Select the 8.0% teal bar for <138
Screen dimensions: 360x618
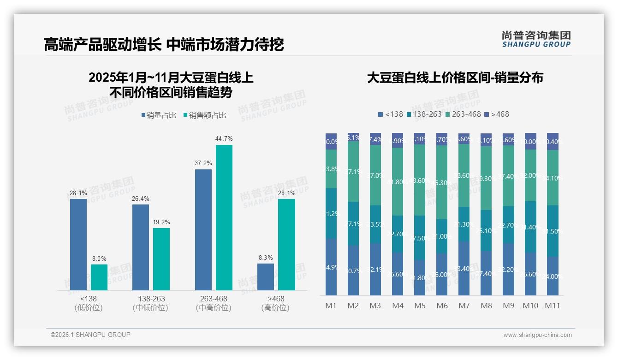pyautogui.click(x=99, y=277)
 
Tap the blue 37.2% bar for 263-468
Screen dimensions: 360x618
pyautogui.click(x=203, y=229)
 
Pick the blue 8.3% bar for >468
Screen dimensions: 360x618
pyautogui.click(x=266, y=277)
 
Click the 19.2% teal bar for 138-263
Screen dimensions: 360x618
pyautogui.click(x=161, y=258)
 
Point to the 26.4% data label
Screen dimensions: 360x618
pyautogui.click(x=141, y=199)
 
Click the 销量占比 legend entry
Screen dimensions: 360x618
pyautogui.click(x=159, y=115)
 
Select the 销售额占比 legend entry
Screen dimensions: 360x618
pyautogui.click(x=205, y=115)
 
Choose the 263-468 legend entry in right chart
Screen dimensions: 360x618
pyautogui.click(x=463, y=114)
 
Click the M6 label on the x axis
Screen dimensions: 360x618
pyautogui.click(x=442, y=306)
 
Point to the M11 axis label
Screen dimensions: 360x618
pyautogui.click(x=553, y=306)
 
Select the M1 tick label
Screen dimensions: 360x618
pyautogui.click(x=331, y=306)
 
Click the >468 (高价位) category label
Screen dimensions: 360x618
pyautogui.click(x=275, y=303)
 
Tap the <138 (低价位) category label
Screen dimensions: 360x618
pyautogui.click(x=88, y=303)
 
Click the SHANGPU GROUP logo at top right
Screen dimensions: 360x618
pyautogui.click(x=536, y=39)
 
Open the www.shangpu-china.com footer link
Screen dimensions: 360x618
pyautogui.click(x=537, y=335)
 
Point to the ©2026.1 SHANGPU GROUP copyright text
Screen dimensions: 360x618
pyautogui.click(x=90, y=335)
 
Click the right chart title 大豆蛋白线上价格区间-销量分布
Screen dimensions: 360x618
pyautogui.click(x=455, y=78)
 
